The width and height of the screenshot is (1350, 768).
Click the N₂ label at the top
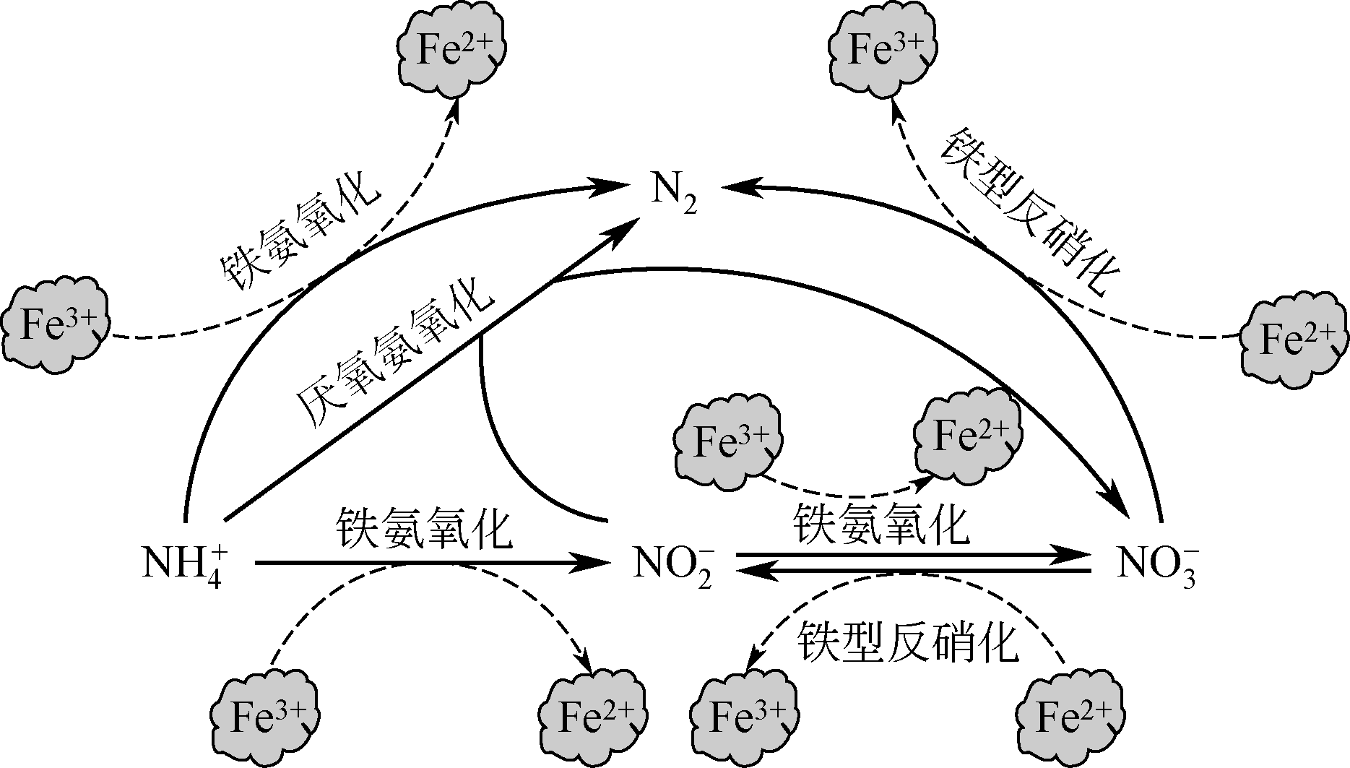(x=675, y=194)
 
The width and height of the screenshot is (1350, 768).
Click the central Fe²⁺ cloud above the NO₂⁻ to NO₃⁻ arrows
(x=969, y=436)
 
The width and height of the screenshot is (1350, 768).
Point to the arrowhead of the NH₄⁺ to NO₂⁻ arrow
(x=592, y=563)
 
